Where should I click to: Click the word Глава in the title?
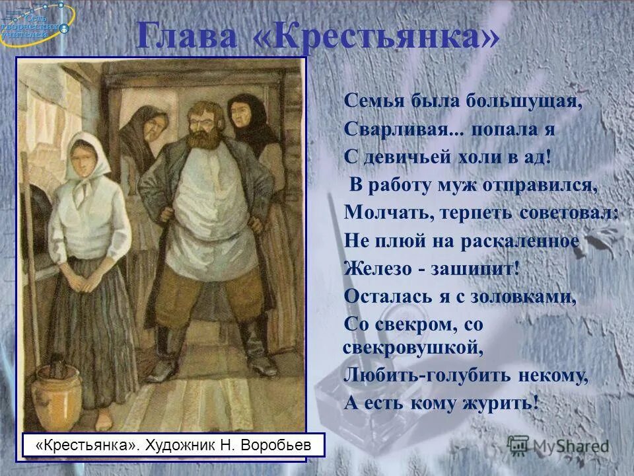point(188,36)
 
